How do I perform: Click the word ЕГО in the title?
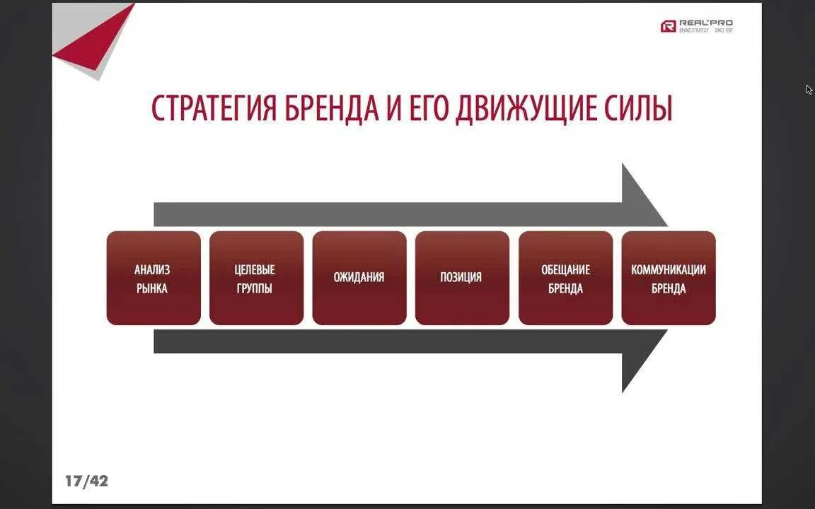click(421, 109)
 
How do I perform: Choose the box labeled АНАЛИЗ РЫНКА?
click(154, 278)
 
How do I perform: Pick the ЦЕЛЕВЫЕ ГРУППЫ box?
click(256, 278)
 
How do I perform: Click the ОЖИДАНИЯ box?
click(359, 278)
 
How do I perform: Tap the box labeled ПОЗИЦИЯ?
click(462, 278)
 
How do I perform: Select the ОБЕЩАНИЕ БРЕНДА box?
click(565, 278)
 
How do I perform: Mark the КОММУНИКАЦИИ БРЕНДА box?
click(669, 278)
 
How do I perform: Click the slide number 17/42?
click(86, 481)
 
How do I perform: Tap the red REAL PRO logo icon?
click(668, 26)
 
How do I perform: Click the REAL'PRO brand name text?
click(705, 23)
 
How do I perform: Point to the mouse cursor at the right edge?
click(809, 89)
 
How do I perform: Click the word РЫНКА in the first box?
click(153, 288)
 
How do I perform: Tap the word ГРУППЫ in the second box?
click(255, 288)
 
